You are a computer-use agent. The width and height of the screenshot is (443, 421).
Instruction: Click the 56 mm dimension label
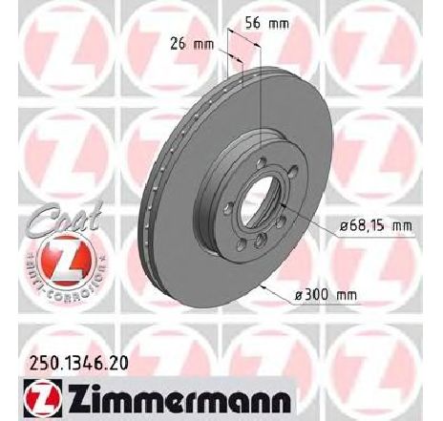click(267, 23)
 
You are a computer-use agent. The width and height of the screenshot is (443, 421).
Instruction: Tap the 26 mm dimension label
click(192, 44)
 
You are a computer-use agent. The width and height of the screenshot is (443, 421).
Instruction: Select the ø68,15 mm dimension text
click(376, 226)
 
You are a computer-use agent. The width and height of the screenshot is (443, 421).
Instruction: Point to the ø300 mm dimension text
click(326, 295)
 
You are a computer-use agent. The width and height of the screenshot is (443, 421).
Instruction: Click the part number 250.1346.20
click(79, 363)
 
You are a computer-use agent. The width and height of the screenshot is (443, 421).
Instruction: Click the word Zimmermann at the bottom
click(179, 398)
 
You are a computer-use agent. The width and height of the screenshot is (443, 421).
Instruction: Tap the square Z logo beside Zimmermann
click(43, 398)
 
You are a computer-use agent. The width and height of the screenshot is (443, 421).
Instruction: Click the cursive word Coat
click(65, 217)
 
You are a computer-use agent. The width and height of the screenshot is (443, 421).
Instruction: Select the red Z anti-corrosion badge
click(67, 262)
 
